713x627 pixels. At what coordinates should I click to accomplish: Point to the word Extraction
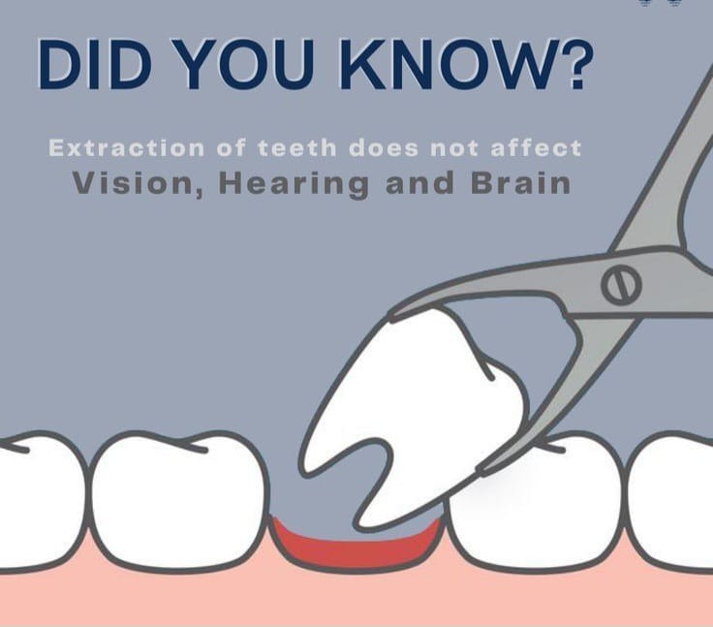coord(126,148)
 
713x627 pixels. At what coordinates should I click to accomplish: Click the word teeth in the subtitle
coord(297,148)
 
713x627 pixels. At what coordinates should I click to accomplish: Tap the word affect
coord(536,148)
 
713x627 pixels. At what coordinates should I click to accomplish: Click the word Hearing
coord(294,184)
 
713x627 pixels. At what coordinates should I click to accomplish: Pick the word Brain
coord(521,182)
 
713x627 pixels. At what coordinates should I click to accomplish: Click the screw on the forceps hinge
coord(621,285)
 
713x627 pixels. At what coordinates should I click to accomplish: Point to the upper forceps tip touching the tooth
coord(394,315)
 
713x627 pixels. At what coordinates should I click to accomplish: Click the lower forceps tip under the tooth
coord(482,470)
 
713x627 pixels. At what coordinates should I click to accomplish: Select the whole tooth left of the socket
coord(178,500)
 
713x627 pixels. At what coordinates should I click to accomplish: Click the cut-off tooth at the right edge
coord(670,500)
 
